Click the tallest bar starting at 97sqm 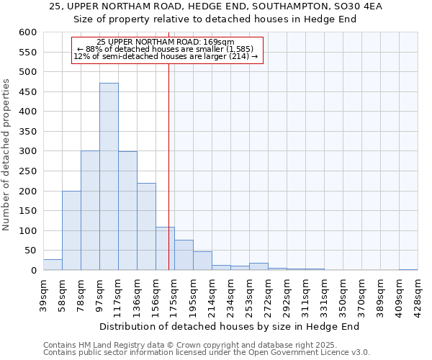coord(109,176)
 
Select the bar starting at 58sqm coord(71,230)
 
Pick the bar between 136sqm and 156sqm coord(146,227)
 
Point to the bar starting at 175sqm coord(184,255)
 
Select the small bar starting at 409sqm coord(408,269)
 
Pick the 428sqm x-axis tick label coord(417,294)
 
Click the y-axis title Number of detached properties coord(6,155)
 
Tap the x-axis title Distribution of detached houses coord(229,326)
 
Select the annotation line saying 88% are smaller coord(168,49)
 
